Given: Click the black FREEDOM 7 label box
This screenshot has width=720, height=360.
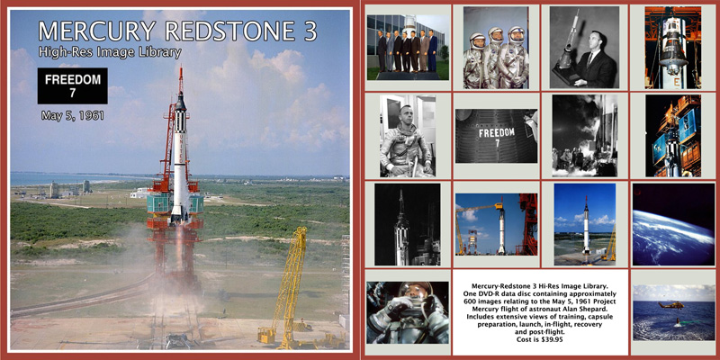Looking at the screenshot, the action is coord(73,85).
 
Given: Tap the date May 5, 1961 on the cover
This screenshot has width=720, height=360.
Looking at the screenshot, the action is coord(73,116).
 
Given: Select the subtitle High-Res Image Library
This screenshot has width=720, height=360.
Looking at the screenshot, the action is coord(110,52).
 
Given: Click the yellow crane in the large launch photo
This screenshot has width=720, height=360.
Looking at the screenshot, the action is coord(289,287).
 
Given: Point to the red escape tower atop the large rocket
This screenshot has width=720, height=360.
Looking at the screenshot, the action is coord(181,80).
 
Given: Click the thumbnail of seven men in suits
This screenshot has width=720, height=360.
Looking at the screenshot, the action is coord(409,48).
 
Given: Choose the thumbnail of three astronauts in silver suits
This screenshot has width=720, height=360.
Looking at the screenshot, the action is coord(496,48).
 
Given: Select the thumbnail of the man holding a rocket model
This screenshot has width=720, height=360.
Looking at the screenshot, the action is coord(584,48).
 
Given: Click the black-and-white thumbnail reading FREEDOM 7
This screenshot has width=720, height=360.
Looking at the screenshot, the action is coord(496,136).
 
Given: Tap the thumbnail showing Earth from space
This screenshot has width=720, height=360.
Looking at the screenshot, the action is coord(673,224).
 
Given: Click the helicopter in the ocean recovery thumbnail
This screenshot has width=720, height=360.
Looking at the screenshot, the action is coord(670,305).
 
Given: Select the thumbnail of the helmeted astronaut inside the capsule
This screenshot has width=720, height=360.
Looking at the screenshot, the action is coord(408,312).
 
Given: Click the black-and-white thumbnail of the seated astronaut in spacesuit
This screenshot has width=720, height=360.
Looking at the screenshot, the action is coord(408,136).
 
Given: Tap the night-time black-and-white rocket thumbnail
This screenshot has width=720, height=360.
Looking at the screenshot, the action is coord(408,224).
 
